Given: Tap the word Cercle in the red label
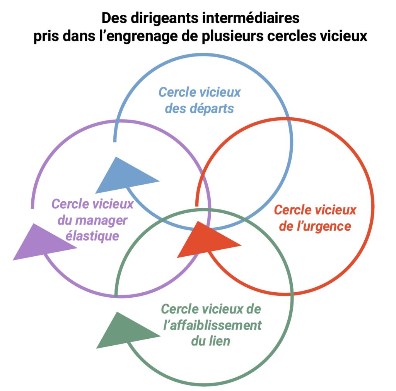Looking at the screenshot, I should click(x=293, y=210).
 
